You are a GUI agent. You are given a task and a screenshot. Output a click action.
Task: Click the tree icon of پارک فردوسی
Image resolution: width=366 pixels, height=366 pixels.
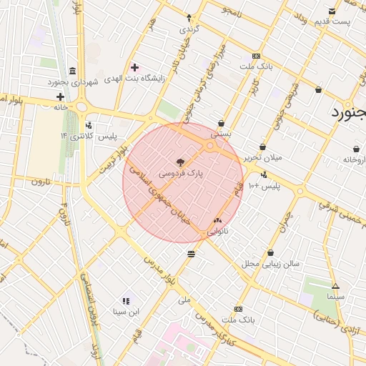(x=179, y=162)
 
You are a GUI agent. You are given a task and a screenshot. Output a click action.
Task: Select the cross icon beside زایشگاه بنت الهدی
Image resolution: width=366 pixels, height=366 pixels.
(x=134, y=67)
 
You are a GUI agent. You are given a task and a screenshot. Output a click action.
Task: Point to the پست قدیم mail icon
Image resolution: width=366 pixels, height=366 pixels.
(x=332, y=11)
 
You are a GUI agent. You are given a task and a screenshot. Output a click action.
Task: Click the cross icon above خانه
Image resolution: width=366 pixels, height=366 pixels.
(x=60, y=97)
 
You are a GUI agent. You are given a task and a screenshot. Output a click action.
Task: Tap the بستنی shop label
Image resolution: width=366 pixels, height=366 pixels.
(x=221, y=134)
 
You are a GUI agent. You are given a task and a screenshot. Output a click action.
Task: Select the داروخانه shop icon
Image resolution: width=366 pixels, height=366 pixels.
(x=355, y=149)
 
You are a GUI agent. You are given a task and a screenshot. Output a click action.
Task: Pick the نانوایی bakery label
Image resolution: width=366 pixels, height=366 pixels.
(x=219, y=232)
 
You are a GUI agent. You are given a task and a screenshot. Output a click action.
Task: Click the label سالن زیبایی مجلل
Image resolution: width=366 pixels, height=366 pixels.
(x=271, y=264)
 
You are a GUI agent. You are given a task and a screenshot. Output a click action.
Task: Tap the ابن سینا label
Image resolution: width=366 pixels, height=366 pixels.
(x=127, y=312)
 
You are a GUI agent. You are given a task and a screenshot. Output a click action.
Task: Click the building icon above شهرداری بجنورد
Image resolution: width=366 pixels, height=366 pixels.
(x=73, y=71)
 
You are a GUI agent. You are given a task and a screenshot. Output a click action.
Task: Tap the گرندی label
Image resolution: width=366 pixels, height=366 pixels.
(x=188, y=29)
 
